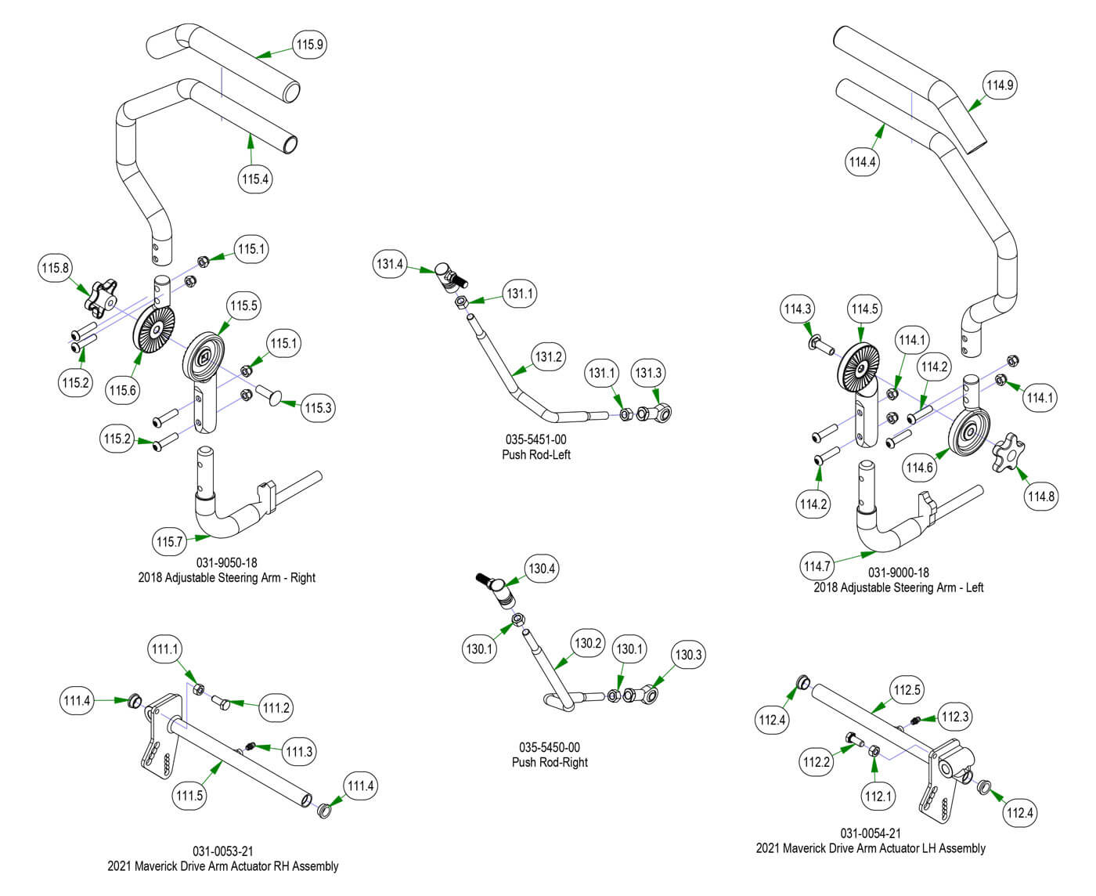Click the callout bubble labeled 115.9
click(x=309, y=45)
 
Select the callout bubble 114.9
click(x=1000, y=85)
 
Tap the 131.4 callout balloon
click(x=390, y=265)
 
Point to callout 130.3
click(x=688, y=655)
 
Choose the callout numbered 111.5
click(x=189, y=796)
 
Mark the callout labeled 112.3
click(x=955, y=717)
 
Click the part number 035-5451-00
click(x=536, y=440)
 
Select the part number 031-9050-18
click(x=227, y=562)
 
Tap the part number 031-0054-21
click(x=871, y=833)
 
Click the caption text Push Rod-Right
click(x=550, y=762)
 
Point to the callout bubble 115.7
click(x=169, y=541)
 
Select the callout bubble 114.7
click(x=817, y=566)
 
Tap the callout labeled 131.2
click(x=549, y=357)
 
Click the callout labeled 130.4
click(x=542, y=569)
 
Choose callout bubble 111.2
click(x=276, y=709)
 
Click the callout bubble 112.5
click(x=907, y=691)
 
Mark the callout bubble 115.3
click(x=319, y=407)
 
